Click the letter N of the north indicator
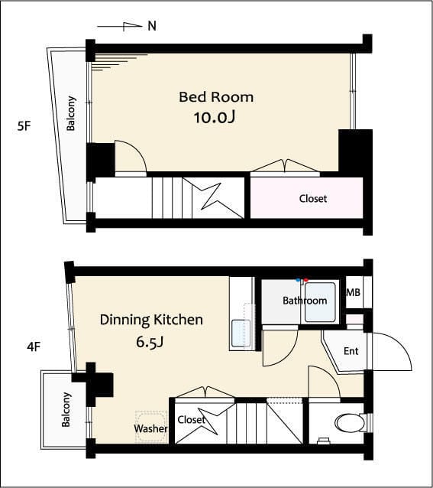pyautogui.click(x=152, y=26)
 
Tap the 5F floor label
pyautogui.click(x=24, y=126)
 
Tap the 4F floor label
pyautogui.click(x=34, y=346)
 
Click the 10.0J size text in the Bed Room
pyautogui.click(x=215, y=118)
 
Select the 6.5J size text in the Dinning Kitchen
pyautogui.click(x=150, y=342)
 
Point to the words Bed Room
pyautogui.click(x=216, y=97)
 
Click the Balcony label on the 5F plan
pyautogui.click(x=71, y=113)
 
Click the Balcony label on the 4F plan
pyautogui.click(x=66, y=409)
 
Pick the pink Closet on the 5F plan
pyautogui.click(x=306, y=197)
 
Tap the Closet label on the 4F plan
pyautogui.click(x=192, y=419)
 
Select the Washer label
pyautogui.click(x=150, y=428)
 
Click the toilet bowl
pyautogui.click(x=350, y=423)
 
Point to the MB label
pyautogui.click(x=353, y=292)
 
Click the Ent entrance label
pyautogui.click(x=351, y=351)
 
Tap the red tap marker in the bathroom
pyautogui.click(x=306, y=281)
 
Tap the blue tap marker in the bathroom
pyautogui.click(x=298, y=280)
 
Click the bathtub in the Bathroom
pyautogui.click(x=320, y=301)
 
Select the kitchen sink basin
pyautogui.click(x=241, y=333)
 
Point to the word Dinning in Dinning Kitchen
pyautogui.click(x=124, y=320)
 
